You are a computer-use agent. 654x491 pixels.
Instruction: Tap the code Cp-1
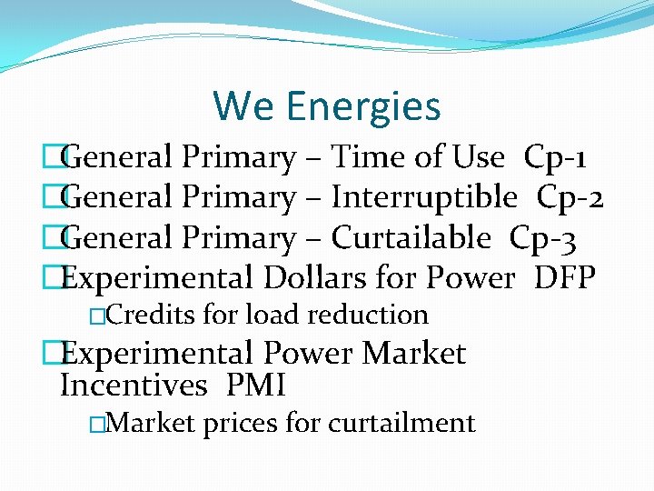click(x=555, y=158)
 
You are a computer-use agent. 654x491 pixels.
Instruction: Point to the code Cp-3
click(x=542, y=238)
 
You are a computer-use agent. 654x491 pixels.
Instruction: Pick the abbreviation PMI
click(x=255, y=386)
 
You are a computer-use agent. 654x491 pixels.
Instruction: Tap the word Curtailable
click(x=411, y=238)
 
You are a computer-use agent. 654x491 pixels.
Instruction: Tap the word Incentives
click(x=134, y=386)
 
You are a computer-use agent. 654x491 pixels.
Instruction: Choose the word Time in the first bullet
click(x=367, y=158)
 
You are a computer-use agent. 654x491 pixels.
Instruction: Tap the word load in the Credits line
click(x=272, y=316)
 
